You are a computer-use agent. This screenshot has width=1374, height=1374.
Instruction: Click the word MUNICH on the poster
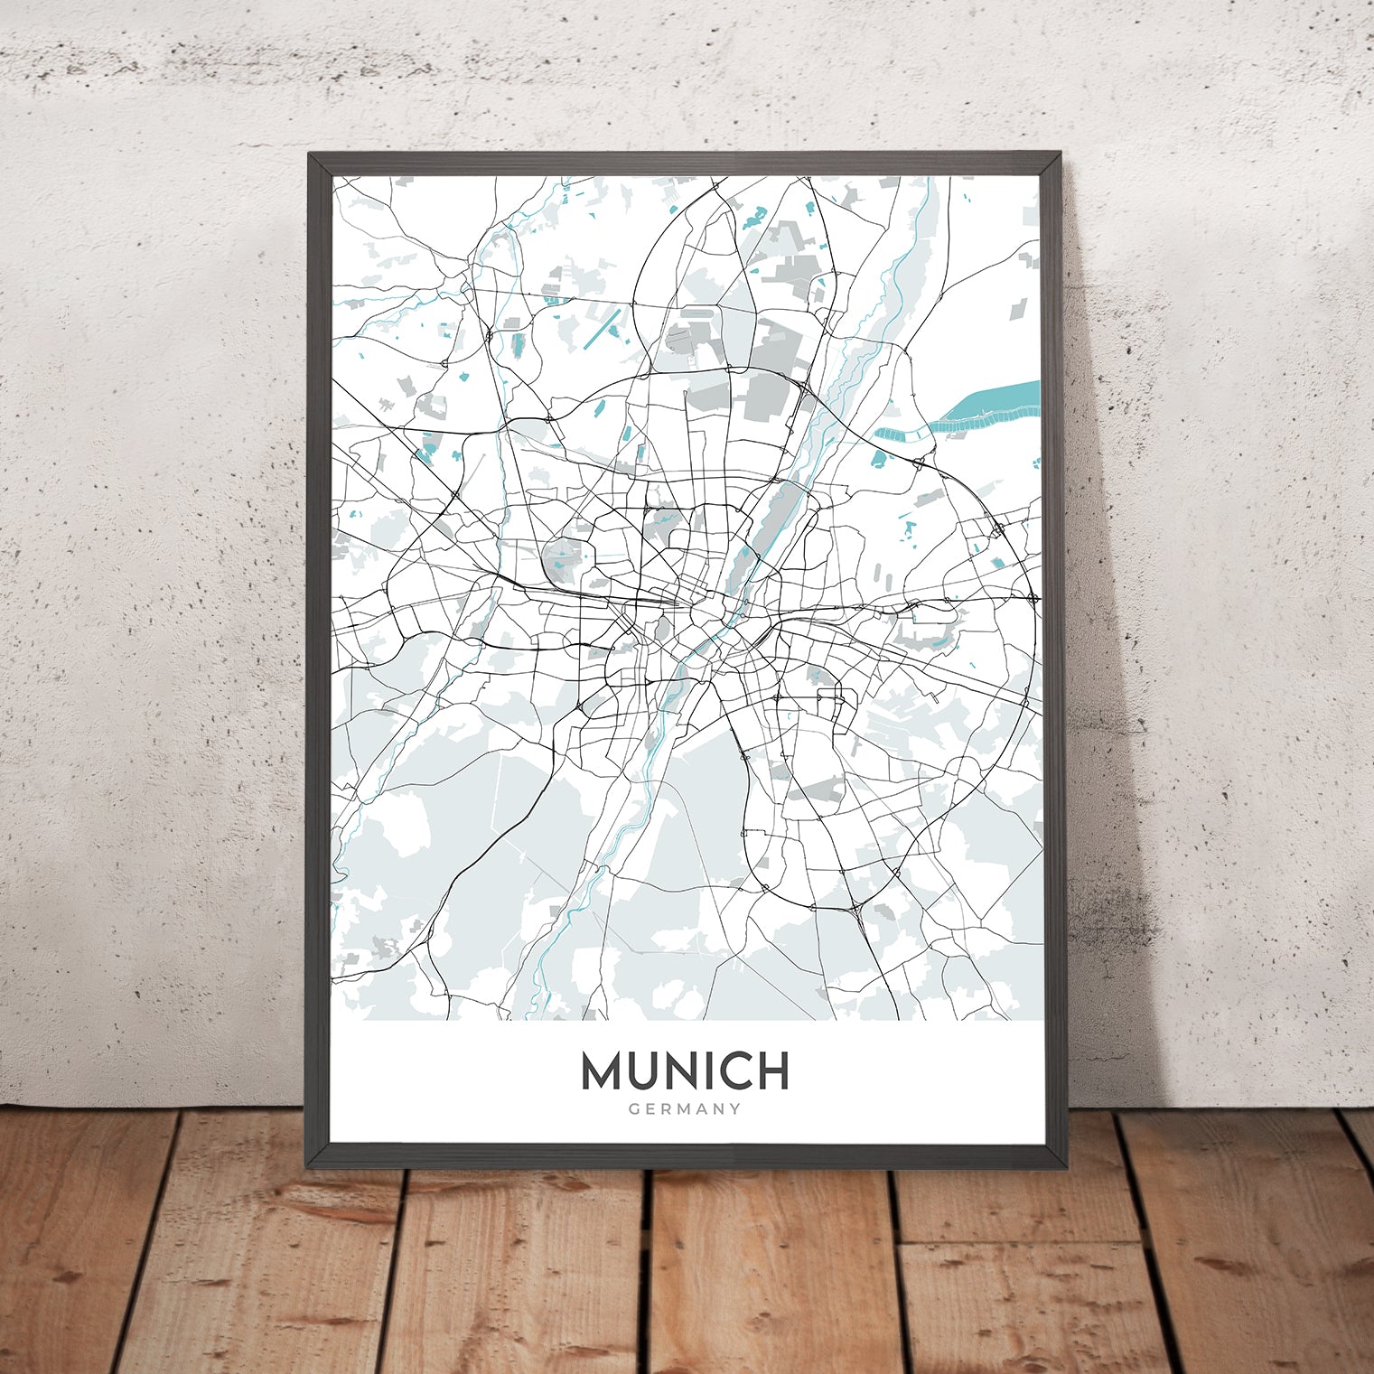[685, 1071]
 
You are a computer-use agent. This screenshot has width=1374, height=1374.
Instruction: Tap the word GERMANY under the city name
[685, 1109]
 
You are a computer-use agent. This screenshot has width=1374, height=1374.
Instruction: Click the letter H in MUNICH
[773, 1071]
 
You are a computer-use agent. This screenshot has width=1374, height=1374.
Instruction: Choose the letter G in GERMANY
[632, 1109]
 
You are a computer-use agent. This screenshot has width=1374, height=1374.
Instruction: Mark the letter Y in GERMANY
[736, 1109]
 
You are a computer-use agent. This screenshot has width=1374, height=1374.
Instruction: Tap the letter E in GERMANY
[649, 1109]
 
